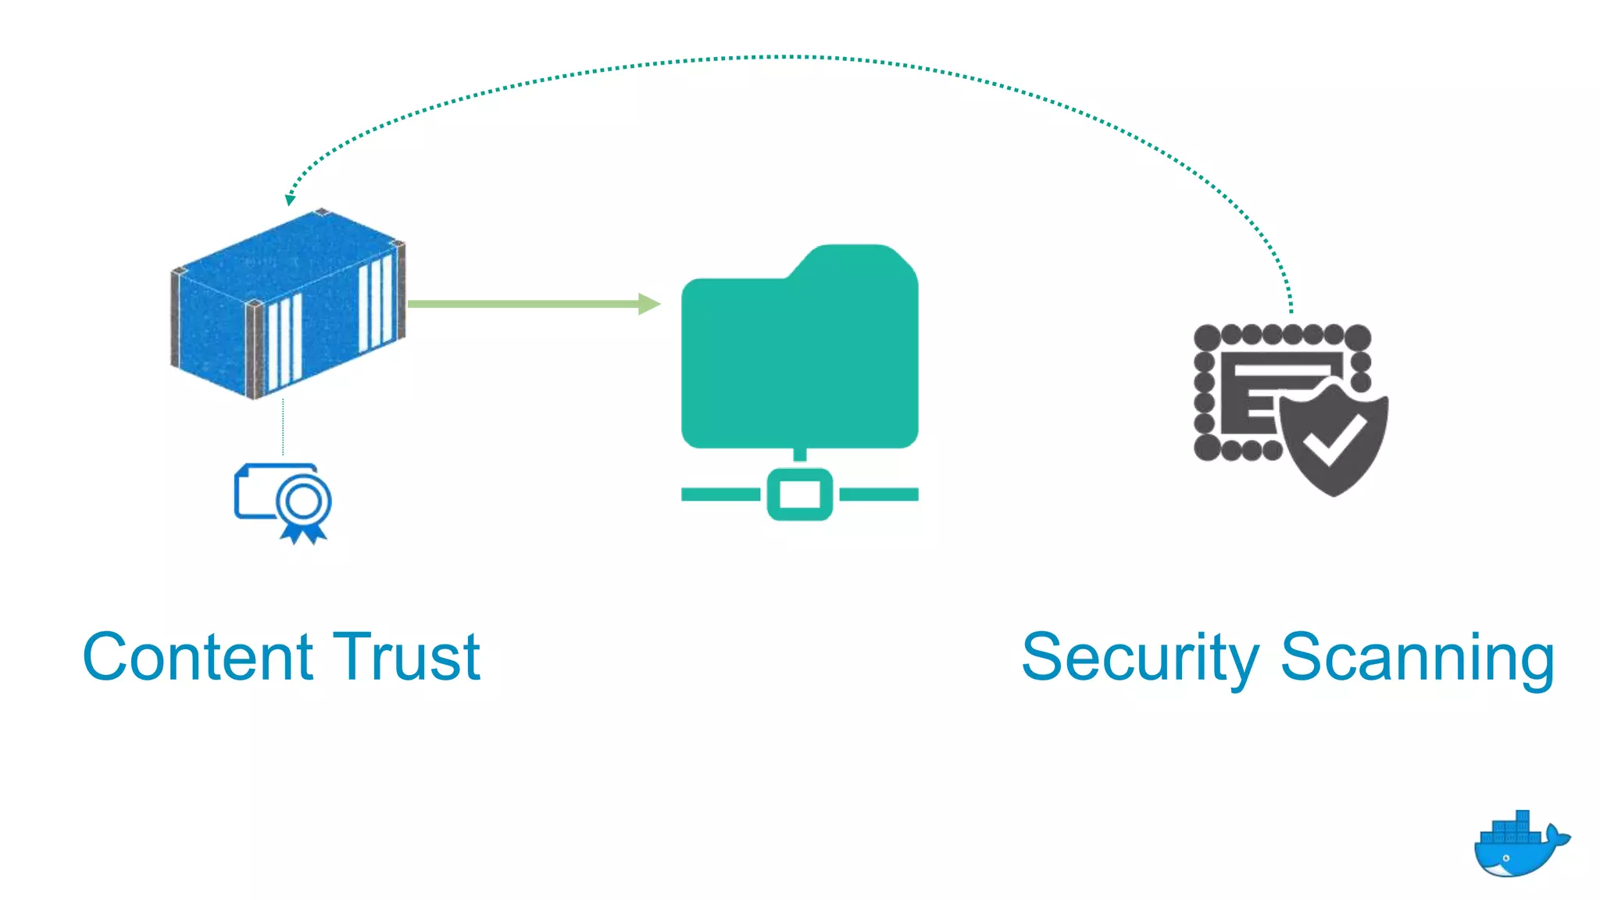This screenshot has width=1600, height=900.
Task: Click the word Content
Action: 198,658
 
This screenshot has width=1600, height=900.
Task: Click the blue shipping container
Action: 287,305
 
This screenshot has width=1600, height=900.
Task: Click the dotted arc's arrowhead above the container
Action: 290,199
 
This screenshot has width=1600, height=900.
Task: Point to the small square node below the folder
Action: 799,494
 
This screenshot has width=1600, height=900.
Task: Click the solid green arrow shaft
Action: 523,304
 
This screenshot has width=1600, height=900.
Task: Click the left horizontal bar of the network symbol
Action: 720,494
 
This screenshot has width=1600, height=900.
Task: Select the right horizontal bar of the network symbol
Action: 879,494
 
